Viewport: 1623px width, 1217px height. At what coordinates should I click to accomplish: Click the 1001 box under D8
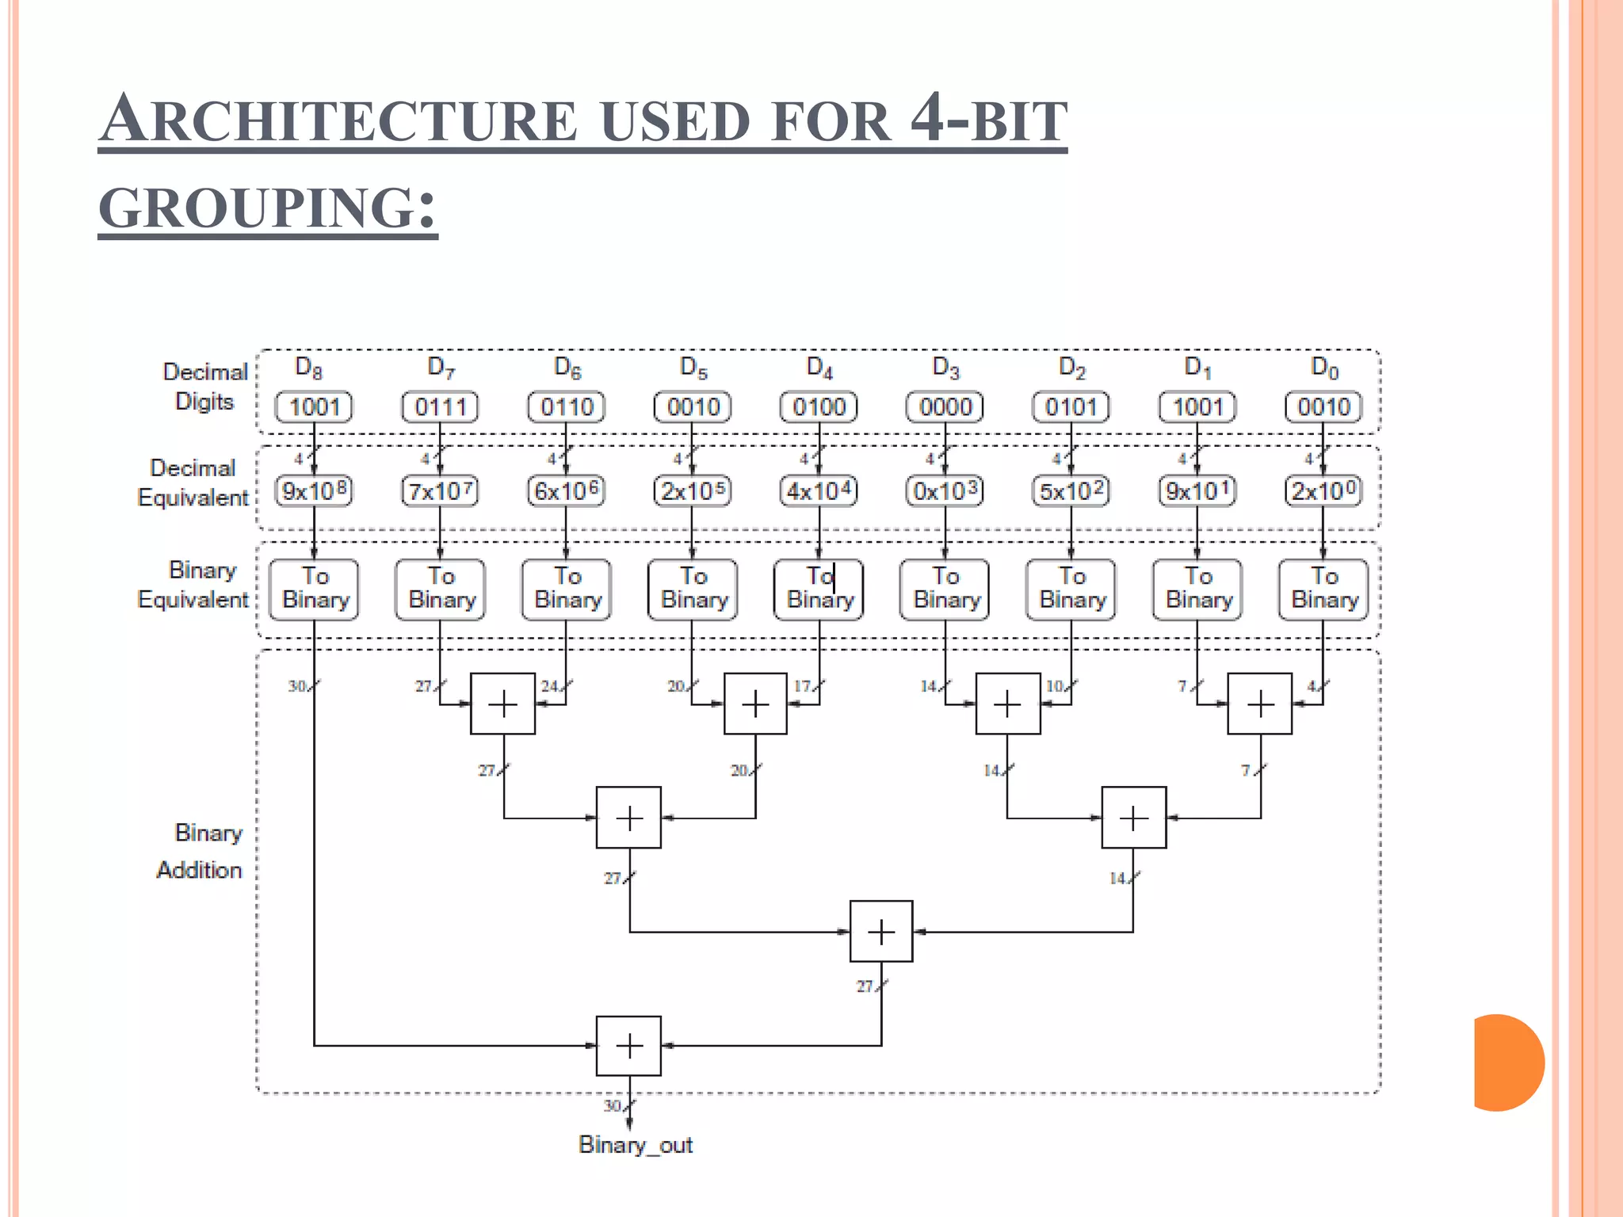pyautogui.click(x=314, y=407)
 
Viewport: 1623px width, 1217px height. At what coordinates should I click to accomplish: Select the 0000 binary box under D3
pyautogui.click(x=945, y=407)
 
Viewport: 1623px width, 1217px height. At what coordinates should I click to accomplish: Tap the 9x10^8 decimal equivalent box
pyautogui.click(x=314, y=491)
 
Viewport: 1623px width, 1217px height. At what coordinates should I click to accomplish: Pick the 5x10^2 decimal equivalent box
pyautogui.click(x=1071, y=491)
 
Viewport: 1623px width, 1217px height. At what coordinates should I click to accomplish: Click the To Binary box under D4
pyautogui.click(x=819, y=589)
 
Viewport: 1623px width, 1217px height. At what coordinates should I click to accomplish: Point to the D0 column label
pyautogui.click(x=1324, y=368)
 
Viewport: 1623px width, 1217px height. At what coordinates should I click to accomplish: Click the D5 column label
pyautogui.click(x=693, y=368)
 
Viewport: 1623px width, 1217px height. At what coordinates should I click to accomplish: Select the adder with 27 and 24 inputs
pyautogui.click(x=502, y=704)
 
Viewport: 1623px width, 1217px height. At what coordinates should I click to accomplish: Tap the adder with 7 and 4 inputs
pyautogui.click(x=1259, y=704)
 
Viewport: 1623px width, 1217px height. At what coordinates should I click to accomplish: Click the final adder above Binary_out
pyautogui.click(x=628, y=1046)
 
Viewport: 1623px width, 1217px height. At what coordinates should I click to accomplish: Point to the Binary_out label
pyautogui.click(x=636, y=1145)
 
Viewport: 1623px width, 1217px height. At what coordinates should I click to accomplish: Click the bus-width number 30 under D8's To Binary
pyautogui.click(x=297, y=686)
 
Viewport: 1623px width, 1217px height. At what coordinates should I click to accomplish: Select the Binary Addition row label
pyautogui.click(x=201, y=852)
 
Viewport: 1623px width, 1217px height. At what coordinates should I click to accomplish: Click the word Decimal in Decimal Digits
pyautogui.click(x=205, y=372)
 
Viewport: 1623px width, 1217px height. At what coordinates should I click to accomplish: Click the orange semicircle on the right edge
pyautogui.click(x=1506, y=1062)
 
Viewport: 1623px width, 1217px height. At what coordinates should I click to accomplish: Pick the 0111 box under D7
pyautogui.click(x=440, y=407)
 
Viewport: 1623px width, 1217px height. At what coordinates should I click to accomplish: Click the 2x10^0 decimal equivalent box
pyautogui.click(x=1323, y=491)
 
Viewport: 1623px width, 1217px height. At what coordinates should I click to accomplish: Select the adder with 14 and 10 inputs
pyautogui.click(x=1007, y=704)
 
